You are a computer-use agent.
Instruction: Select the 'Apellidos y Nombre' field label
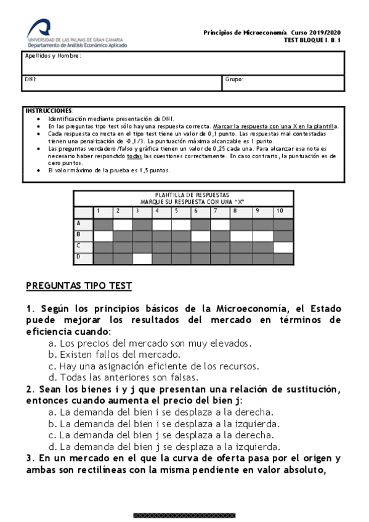[52, 56]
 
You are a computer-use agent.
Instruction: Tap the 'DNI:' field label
[30, 79]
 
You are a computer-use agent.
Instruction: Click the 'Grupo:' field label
[235, 79]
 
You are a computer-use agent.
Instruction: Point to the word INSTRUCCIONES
[49, 110]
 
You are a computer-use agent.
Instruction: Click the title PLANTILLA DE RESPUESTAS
[184, 195]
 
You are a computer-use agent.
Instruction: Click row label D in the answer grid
[78, 258]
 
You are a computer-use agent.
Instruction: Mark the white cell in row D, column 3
[142, 259]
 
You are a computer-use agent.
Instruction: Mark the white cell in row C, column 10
[283, 247]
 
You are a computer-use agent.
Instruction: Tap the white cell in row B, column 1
[103, 235]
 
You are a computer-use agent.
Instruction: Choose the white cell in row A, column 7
[220, 224]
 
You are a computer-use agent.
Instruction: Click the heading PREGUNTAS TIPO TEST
[78, 286]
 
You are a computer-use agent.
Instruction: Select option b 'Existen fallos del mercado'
[114, 355]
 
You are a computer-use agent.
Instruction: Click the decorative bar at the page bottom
[184, 515]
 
